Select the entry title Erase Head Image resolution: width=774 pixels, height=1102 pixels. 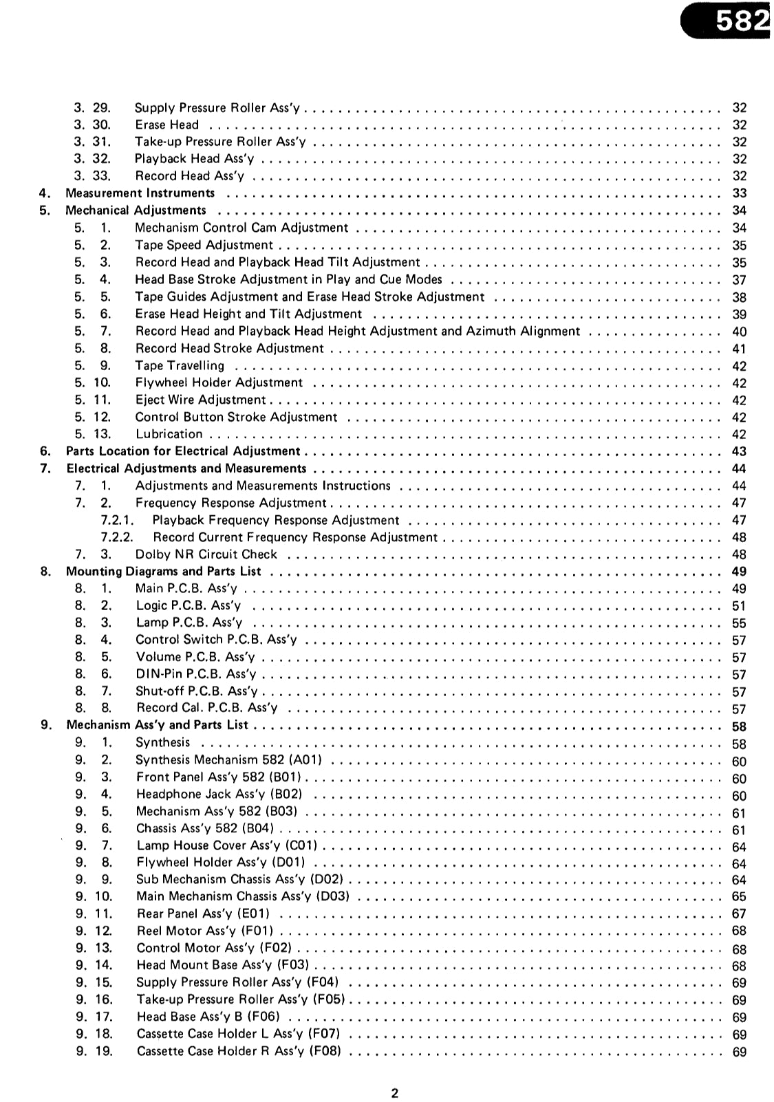(166, 125)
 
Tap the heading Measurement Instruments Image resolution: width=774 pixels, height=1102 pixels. (140, 193)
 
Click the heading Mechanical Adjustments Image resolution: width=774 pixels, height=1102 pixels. (136, 210)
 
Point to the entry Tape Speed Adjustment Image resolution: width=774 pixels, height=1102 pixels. (204, 245)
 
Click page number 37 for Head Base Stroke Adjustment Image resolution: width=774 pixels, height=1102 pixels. (739, 280)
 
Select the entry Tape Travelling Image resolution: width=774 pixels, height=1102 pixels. (180, 365)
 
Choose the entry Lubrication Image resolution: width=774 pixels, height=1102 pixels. (169, 434)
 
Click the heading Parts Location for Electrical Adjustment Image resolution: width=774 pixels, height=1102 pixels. (183, 451)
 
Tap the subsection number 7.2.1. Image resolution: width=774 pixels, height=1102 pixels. (117, 520)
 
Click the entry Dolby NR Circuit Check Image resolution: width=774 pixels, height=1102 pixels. (206, 554)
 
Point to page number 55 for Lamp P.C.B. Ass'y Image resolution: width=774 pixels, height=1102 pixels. (739, 623)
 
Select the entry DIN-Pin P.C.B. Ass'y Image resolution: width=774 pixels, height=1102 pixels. (195, 674)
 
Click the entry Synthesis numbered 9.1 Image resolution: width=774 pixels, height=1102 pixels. (162, 742)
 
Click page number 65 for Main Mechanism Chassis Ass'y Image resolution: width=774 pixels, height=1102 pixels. (739, 896)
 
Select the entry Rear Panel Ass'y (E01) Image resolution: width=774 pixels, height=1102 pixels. (203, 914)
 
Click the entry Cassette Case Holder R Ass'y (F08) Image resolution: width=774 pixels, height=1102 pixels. (239, 1051)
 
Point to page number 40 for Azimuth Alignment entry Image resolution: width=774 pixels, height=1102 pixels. (739, 332)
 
